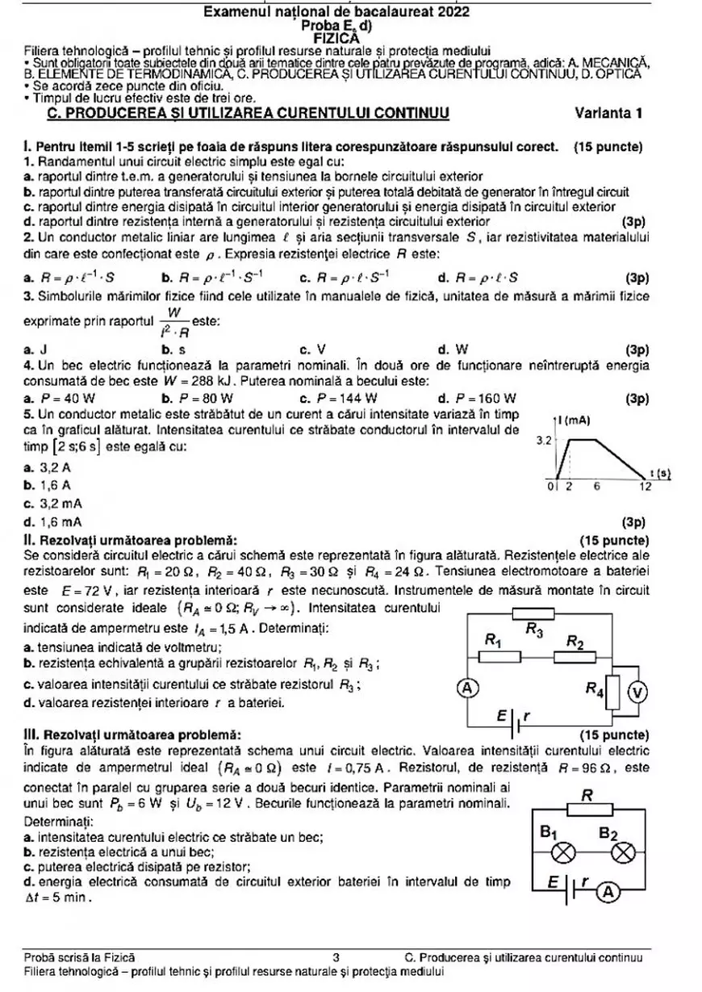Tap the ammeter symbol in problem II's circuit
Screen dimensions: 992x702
click(465, 688)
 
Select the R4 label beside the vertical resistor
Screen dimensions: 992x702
click(595, 689)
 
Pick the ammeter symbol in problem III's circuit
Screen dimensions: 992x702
click(609, 891)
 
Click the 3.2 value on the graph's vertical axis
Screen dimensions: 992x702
click(544, 441)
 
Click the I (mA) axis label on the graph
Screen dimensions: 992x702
click(575, 420)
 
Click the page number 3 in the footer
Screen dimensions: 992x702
click(336, 958)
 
